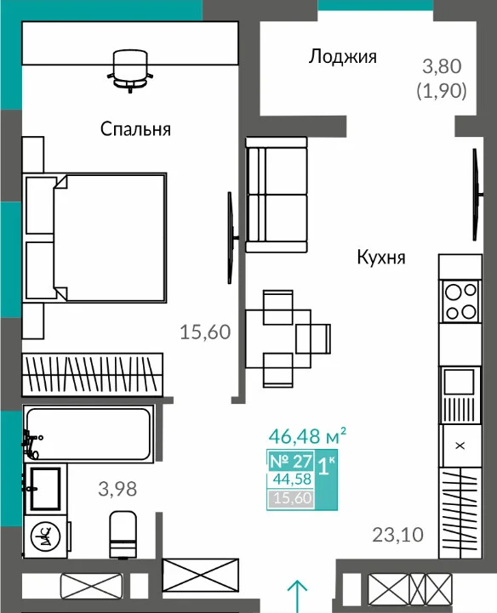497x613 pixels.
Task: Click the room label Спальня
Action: point(135,129)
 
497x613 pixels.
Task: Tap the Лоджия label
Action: point(342,57)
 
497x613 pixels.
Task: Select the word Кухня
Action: point(381,258)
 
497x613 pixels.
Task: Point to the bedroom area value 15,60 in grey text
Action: point(205,332)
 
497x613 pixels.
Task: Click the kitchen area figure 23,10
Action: point(397,535)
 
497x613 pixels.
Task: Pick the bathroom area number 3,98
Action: point(117,489)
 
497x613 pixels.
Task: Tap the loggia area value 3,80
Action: point(442,66)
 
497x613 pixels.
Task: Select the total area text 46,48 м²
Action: point(307,436)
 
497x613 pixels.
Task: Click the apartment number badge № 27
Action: point(291,462)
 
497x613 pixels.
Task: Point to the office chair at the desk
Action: point(130,71)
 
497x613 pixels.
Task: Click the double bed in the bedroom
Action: point(95,237)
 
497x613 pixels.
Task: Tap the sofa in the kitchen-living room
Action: point(277,195)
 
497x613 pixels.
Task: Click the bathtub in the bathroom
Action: point(88,434)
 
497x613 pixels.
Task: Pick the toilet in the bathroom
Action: point(123,534)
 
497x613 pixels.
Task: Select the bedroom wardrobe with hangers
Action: point(93,375)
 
